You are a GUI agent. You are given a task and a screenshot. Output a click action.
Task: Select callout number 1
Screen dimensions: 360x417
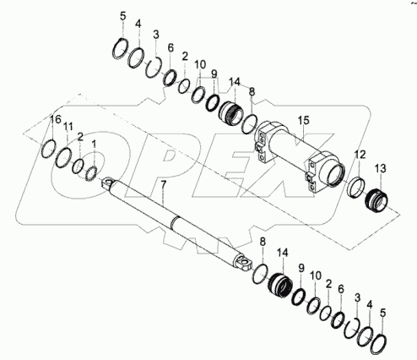(x=94, y=144)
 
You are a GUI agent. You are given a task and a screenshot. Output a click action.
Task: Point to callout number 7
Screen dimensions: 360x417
(x=163, y=183)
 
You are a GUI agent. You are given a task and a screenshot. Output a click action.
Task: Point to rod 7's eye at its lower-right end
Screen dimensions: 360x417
(x=245, y=265)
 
